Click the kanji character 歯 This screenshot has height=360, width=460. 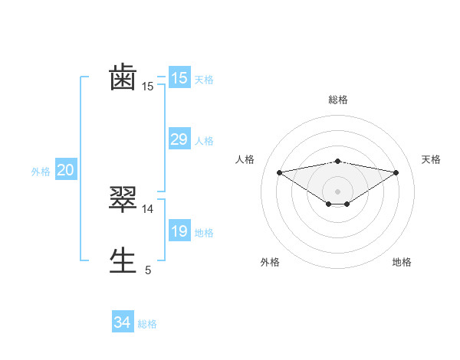pos(123,78)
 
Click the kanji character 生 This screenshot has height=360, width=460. pos(123,260)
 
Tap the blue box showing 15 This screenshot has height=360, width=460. pos(179,78)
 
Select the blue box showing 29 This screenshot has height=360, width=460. pos(179,139)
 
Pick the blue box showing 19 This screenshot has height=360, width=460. pos(179,231)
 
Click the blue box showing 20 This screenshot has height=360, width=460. pos(65,170)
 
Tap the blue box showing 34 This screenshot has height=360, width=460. pos(122,322)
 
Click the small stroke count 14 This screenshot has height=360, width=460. pos(148,208)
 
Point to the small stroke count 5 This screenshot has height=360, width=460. pos(148,270)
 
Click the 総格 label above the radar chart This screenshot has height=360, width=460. pos(337,100)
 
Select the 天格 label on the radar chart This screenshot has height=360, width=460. pos(432,159)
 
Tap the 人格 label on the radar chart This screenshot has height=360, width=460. pos(245,159)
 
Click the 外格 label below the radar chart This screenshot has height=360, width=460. pos(270,262)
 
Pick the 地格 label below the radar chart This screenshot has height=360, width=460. pos(402,262)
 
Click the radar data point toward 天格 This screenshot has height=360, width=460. pos(396,172)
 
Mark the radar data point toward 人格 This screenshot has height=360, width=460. pos(279,172)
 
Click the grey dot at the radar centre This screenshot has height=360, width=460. pos(337,191)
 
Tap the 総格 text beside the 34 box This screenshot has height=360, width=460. pos(147,324)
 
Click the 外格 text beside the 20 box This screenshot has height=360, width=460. pos(41,172)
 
